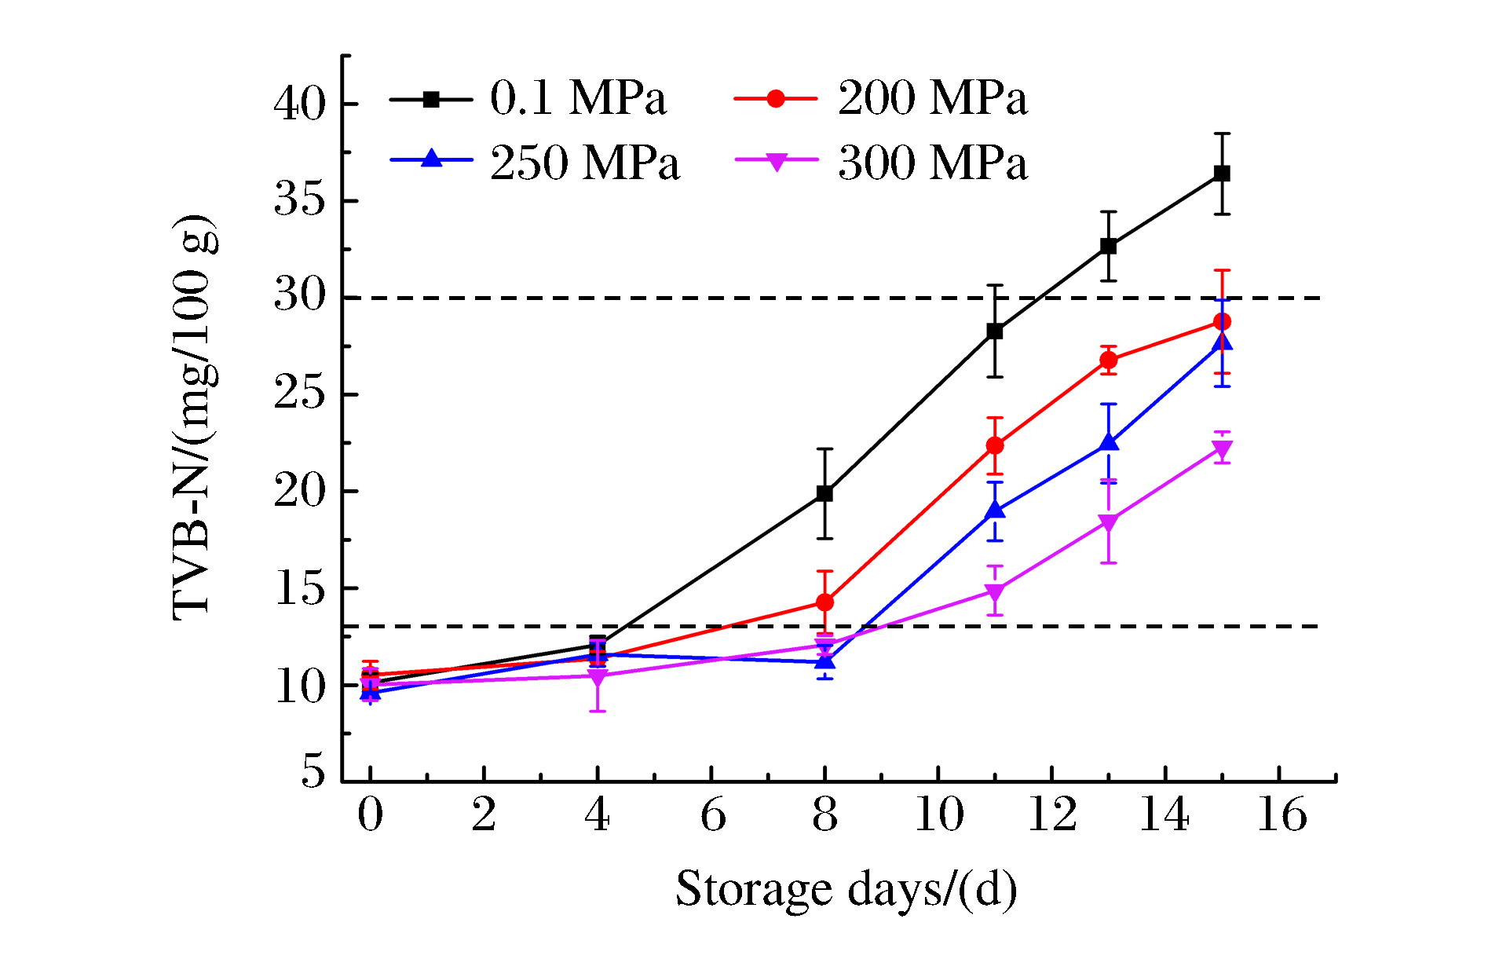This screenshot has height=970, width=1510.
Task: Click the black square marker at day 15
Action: (1222, 174)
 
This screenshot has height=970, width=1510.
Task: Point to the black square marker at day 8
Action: (824, 493)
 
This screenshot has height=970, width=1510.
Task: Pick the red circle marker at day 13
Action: (1109, 361)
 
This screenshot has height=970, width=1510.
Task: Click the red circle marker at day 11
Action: (995, 445)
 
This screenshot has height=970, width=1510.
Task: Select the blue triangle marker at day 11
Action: (995, 511)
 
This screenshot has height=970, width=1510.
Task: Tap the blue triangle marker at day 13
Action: (1109, 443)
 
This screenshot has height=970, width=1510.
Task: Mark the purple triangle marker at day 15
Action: (1222, 449)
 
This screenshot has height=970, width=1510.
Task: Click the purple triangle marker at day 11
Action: (995, 591)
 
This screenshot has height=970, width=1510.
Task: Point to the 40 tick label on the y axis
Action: (299, 104)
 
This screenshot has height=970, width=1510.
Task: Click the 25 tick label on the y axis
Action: (299, 394)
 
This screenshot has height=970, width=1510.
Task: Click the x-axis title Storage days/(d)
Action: (846, 889)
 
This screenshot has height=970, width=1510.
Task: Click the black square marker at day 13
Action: (1109, 246)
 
